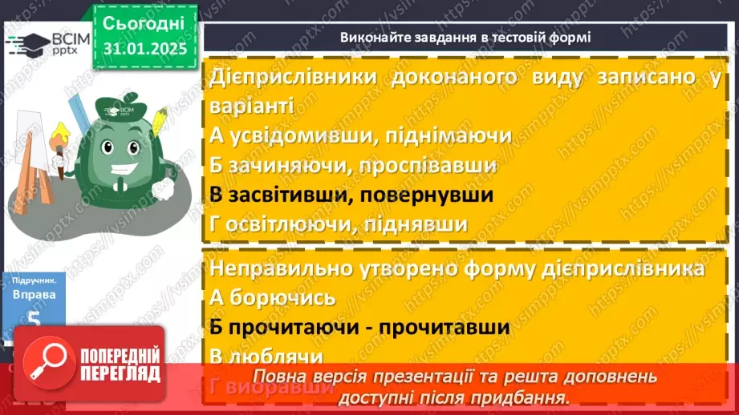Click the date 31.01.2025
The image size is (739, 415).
(x=144, y=49)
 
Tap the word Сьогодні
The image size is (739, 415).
(x=144, y=22)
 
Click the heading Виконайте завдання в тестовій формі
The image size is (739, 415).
(x=465, y=37)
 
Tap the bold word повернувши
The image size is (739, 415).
(x=425, y=195)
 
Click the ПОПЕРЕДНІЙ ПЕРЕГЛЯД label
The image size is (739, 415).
(x=120, y=365)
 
